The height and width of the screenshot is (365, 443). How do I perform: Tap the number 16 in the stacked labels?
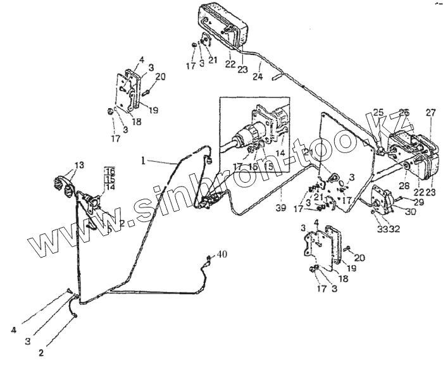(109, 171)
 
